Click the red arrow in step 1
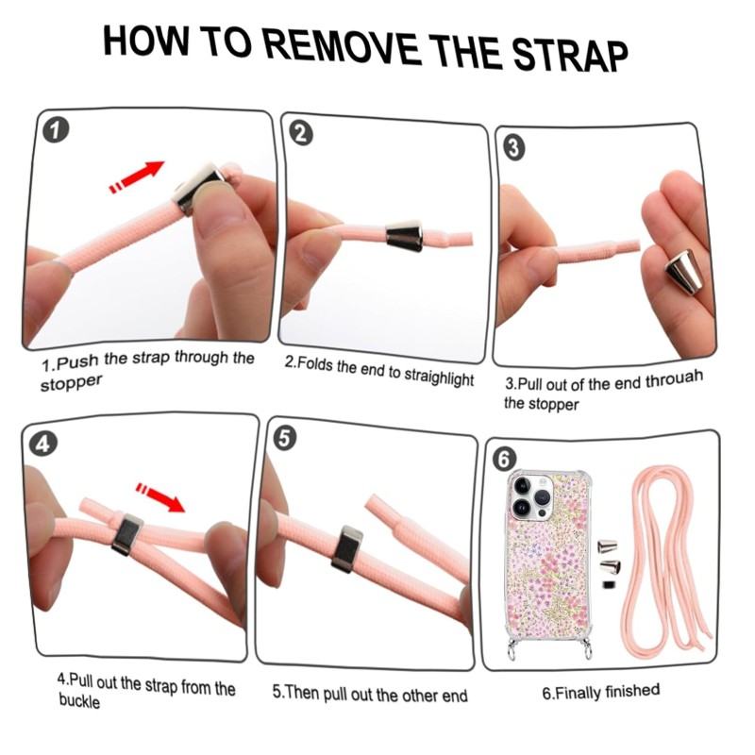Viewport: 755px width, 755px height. [x=137, y=176]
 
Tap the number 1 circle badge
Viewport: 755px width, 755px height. [x=56, y=130]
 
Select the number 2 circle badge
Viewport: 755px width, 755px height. [x=300, y=134]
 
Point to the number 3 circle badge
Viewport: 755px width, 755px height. [x=513, y=148]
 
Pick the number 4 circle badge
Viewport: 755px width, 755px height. [x=43, y=444]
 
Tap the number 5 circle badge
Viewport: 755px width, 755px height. [x=285, y=439]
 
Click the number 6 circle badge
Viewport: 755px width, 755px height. [x=504, y=459]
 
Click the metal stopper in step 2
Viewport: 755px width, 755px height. [x=405, y=234]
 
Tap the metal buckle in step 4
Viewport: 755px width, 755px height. [x=127, y=534]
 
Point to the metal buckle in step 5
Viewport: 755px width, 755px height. [x=346, y=549]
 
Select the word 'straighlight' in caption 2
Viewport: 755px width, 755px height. [x=439, y=377]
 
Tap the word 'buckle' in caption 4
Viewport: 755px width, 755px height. [x=79, y=700]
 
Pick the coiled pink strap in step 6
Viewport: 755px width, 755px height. [x=667, y=563]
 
